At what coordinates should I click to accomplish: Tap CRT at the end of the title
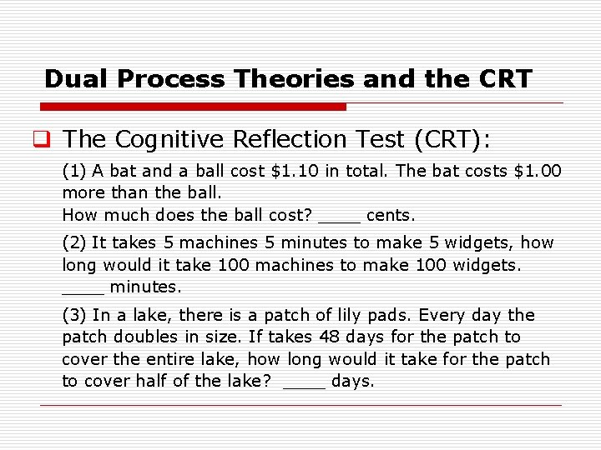tap(505, 79)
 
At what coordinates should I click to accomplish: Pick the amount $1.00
tap(538, 172)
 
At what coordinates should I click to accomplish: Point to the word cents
tap(390, 215)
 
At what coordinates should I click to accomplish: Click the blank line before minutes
tap(83, 292)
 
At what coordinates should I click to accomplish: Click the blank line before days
tap(304, 386)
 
